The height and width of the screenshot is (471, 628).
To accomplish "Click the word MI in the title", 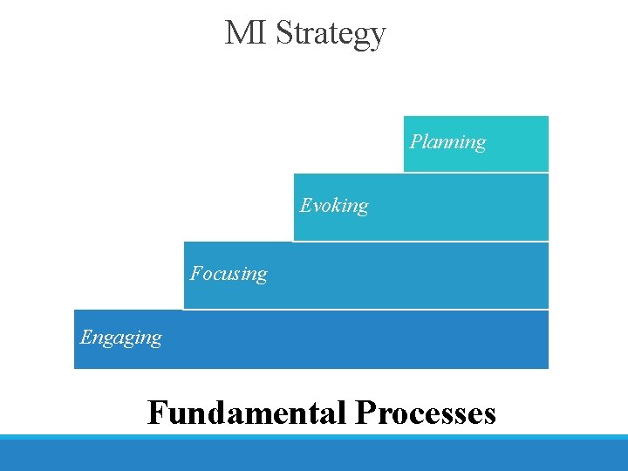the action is pyautogui.click(x=246, y=33).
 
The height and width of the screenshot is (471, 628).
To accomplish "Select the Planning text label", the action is pyautogui.click(x=447, y=141).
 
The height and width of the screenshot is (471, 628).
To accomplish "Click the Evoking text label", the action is pyautogui.click(x=334, y=206).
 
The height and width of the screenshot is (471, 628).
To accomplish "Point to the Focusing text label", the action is pyautogui.click(x=229, y=274).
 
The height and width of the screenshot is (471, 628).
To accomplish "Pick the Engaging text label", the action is pyautogui.click(x=120, y=338).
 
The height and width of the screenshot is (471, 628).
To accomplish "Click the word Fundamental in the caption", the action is pyautogui.click(x=247, y=412).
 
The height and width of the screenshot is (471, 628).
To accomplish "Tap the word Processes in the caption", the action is pyautogui.click(x=426, y=412).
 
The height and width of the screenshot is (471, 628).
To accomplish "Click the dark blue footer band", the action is pyautogui.click(x=314, y=455).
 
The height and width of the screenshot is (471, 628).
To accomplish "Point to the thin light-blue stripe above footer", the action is pyautogui.click(x=314, y=436).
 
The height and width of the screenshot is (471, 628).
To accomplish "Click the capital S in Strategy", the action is pyautogui.click(x=283, y=33).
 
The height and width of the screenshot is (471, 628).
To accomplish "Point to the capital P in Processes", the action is pyautogui.click(x=364, y=412).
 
